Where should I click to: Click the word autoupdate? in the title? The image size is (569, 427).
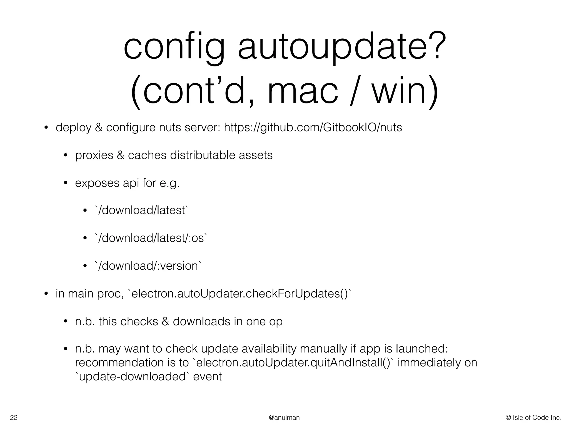click(339, 48)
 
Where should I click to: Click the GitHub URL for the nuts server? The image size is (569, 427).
click(313, 128)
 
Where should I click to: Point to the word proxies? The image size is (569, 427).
click(94, 155)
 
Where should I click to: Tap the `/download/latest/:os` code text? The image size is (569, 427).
click(151, 238)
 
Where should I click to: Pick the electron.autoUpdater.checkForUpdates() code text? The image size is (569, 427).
click(239, 294)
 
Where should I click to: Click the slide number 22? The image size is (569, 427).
click(14, 418)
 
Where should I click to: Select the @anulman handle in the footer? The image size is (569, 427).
click(284, 418)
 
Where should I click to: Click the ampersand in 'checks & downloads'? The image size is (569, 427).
click(165, 322)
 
